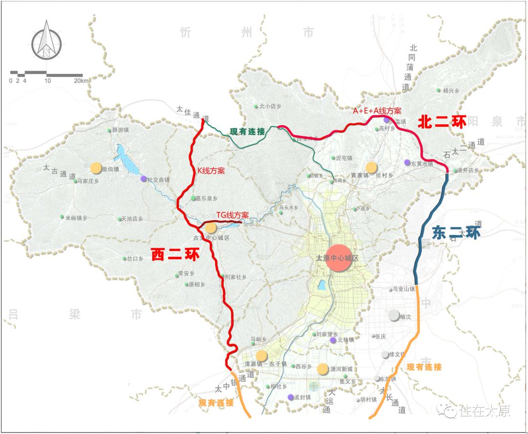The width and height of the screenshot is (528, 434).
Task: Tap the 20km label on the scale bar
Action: point(82,81)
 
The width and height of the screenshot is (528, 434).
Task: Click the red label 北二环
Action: point(441,122)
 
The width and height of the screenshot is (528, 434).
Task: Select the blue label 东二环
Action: point(456,232)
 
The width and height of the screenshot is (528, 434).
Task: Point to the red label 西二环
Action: point(175,254)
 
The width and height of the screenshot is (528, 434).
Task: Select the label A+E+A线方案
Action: point(377,111)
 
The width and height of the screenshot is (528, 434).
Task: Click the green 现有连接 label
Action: point(247,131)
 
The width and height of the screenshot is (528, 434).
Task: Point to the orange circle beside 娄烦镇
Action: point(96,168)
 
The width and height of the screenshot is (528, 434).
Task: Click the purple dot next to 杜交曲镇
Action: point(143,179)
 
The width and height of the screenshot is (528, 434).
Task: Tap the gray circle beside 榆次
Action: point(394,316)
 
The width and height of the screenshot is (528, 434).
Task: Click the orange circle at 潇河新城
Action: point(322,369)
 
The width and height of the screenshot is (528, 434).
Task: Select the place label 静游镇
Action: point(120,130)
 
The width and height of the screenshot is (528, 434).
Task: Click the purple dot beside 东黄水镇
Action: point(407,162)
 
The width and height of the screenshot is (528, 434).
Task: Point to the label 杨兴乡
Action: point(451,91)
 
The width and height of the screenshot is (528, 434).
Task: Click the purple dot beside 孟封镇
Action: point(290,397)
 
